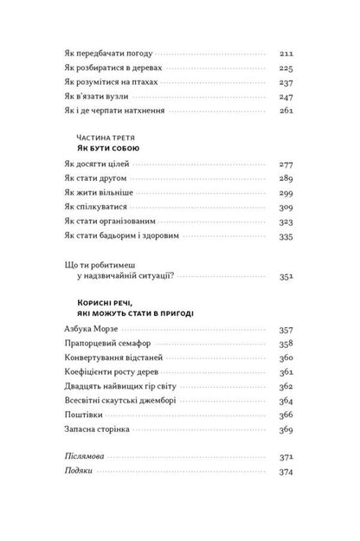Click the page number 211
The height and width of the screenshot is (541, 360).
coord(286,51)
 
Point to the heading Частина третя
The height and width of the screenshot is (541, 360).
coord(96,138)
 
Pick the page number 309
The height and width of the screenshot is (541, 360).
coord(286,209)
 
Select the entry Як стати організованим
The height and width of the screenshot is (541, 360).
coord(107,223)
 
